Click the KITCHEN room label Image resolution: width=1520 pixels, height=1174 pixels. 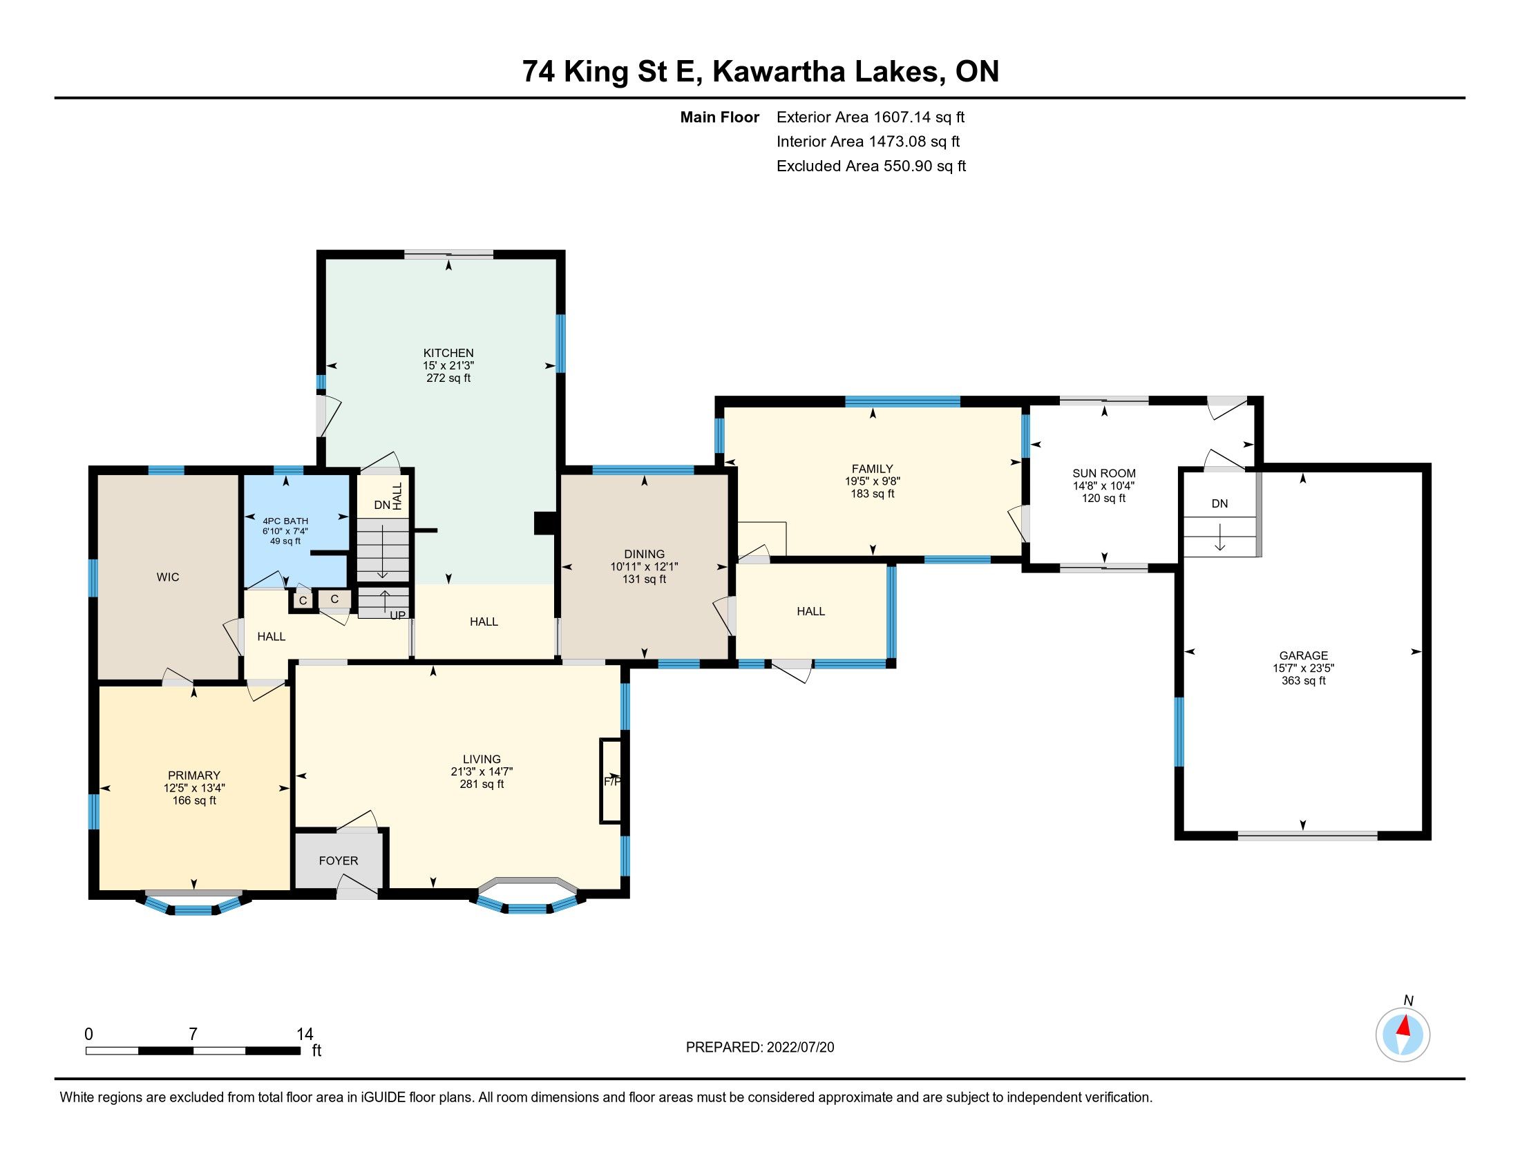[448, 353]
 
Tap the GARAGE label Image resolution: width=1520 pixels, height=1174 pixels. [1303, 655]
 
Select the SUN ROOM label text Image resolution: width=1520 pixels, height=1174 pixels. [1104, 474]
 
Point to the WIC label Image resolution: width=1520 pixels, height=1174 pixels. [168, 577]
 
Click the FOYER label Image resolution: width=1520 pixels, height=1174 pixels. [339, 861]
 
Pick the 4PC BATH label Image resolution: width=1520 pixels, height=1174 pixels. [285, 521]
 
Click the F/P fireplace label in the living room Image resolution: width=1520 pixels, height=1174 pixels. [611, 781]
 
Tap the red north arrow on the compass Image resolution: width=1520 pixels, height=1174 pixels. [1404, 1026]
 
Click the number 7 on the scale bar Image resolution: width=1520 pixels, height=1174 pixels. [193, 1034]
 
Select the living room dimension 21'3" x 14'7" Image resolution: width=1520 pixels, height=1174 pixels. [482, 771]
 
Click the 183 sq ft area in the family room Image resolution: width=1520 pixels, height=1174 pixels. [872, 494]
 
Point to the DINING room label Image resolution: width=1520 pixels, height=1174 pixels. [644, 555]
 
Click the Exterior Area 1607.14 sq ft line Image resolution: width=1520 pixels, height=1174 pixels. [871, 117]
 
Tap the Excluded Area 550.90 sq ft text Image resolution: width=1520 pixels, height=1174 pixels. [871, 166]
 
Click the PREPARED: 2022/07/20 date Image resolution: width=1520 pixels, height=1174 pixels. [760, 1048]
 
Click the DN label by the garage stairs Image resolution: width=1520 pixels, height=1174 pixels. [1219, 503]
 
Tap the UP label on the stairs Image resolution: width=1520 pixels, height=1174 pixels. [397, 615]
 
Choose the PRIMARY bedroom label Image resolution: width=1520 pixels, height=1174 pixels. [194, 776]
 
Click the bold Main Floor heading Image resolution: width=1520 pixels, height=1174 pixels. [720, 117]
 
